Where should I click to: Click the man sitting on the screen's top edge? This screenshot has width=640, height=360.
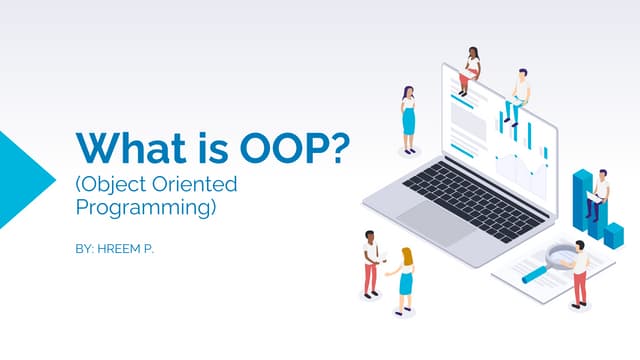517,94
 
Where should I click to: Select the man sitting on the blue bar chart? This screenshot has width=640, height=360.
598,190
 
